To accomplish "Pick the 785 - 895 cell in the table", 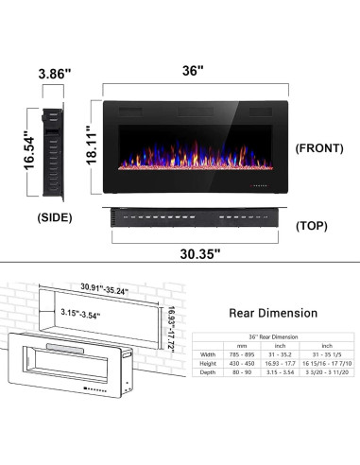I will pyautogui.click(x=245, y=353).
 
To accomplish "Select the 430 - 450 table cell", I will pyautogui.click(x=245, y=363).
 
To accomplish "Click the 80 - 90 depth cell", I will pyautogui.click(x=245, y=372).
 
